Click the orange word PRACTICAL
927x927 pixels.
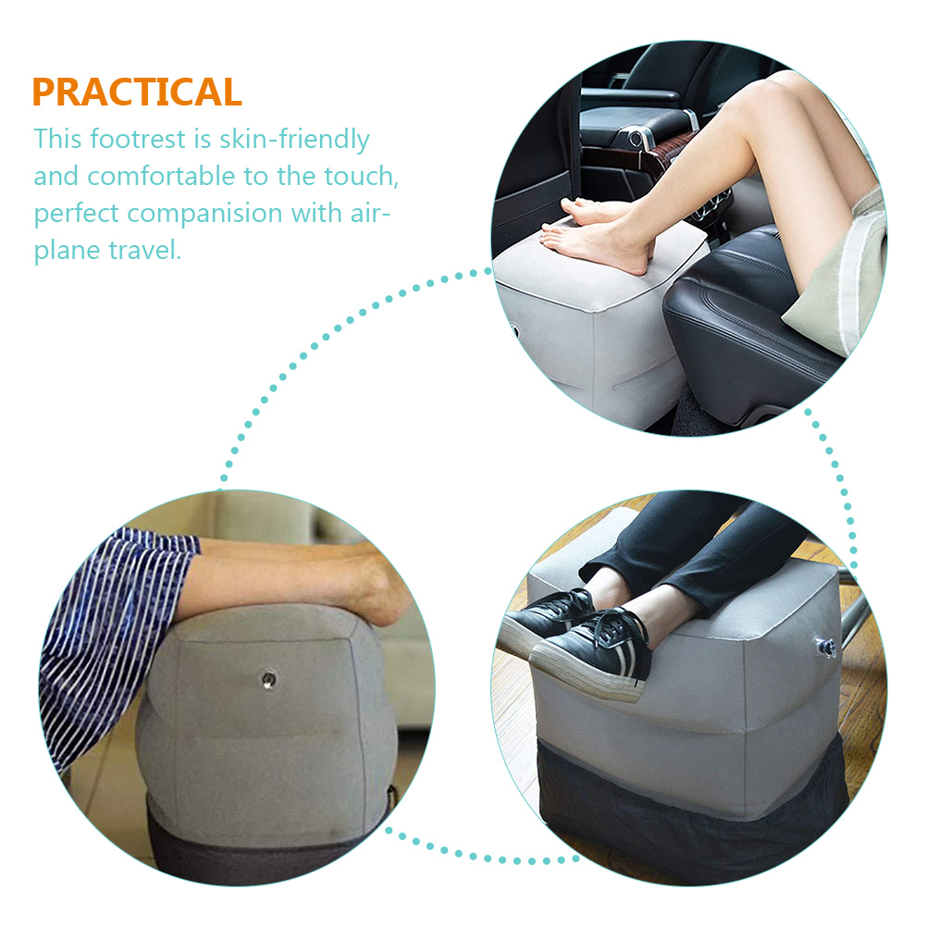click(x=137, y=92)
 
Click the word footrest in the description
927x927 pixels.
click(x=139, y=139)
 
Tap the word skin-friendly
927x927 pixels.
click(x=294, y=140)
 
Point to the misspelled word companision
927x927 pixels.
click(x=204, y=214)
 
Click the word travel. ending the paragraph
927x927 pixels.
click(x=144, y=250)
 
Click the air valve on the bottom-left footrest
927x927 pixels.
click(x=269, y=680)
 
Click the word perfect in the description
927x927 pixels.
click(x=76, y=214)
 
